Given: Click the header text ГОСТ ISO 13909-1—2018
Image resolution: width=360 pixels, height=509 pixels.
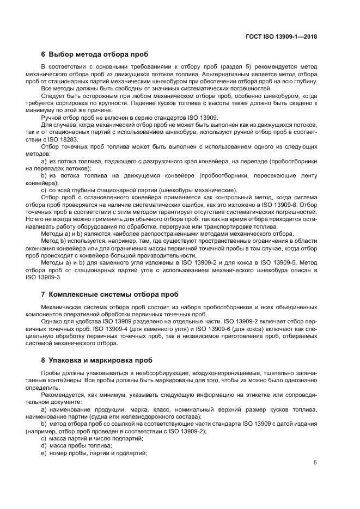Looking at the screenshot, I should pos(282,37).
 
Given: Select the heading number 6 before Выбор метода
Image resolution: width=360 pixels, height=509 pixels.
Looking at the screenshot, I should pos(43,54).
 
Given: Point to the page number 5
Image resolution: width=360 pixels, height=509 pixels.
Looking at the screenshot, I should pos(315,463).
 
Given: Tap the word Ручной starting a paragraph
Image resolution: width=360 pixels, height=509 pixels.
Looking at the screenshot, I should pos(52,118).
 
